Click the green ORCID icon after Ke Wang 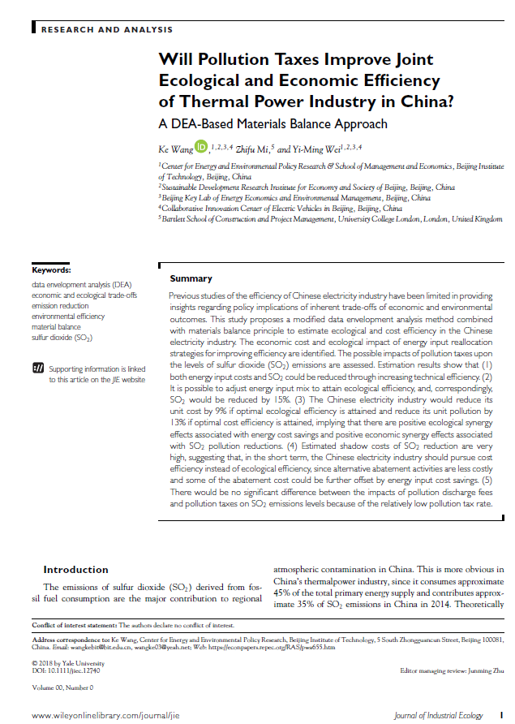point(201,147)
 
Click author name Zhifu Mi point(253,149)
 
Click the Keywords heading point(52,270)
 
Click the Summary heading point(191,278)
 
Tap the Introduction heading point(75,569)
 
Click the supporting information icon point(38,369)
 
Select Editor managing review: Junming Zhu point(453,671)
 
